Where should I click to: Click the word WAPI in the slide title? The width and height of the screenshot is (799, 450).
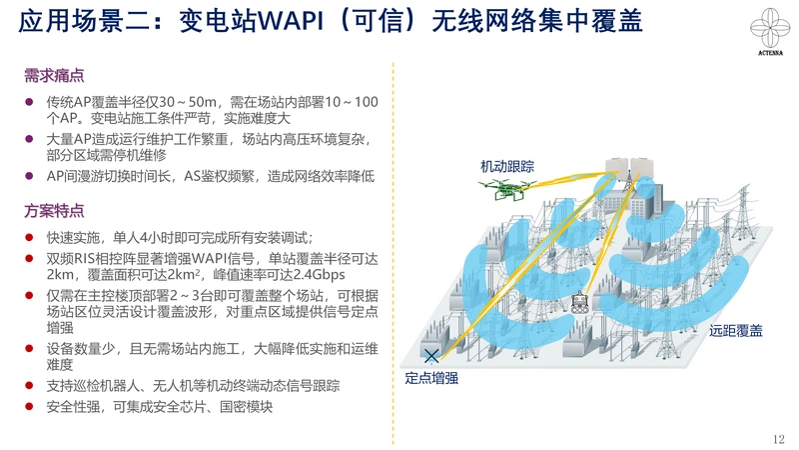[291, 21]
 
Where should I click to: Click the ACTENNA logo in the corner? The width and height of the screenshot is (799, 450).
[770, 31]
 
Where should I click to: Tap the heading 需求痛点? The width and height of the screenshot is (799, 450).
[54, 76]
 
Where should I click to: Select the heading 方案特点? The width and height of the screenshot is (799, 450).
[54, 211]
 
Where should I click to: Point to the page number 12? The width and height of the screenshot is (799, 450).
[779, 439]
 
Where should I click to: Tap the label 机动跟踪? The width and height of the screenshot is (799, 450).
[507, 166]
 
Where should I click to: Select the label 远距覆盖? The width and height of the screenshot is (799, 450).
[736, 331]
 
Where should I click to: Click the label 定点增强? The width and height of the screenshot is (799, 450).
[431, 378]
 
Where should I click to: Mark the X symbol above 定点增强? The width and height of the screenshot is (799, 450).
[431, 356]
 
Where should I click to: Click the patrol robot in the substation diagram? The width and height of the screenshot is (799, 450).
[579, 302]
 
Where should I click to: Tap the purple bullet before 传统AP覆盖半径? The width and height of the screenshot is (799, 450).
[30, 102]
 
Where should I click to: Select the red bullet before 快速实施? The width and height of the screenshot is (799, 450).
[30, 237]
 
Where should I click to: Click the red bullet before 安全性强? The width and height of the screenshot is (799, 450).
[30, 407]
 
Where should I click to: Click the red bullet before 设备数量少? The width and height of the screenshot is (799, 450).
[30, 348]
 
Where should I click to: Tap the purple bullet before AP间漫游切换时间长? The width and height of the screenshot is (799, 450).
[30, 176]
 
